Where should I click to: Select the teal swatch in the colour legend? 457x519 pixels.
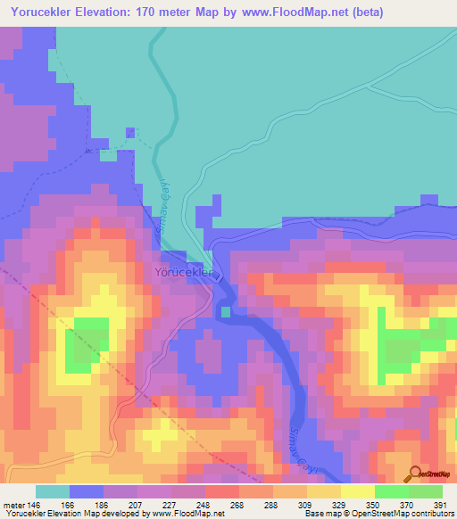[53, 491]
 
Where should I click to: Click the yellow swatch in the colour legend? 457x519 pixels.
[357, 491]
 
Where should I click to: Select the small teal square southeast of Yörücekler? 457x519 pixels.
[226, 311]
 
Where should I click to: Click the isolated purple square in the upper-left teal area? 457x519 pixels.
[131, 133]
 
